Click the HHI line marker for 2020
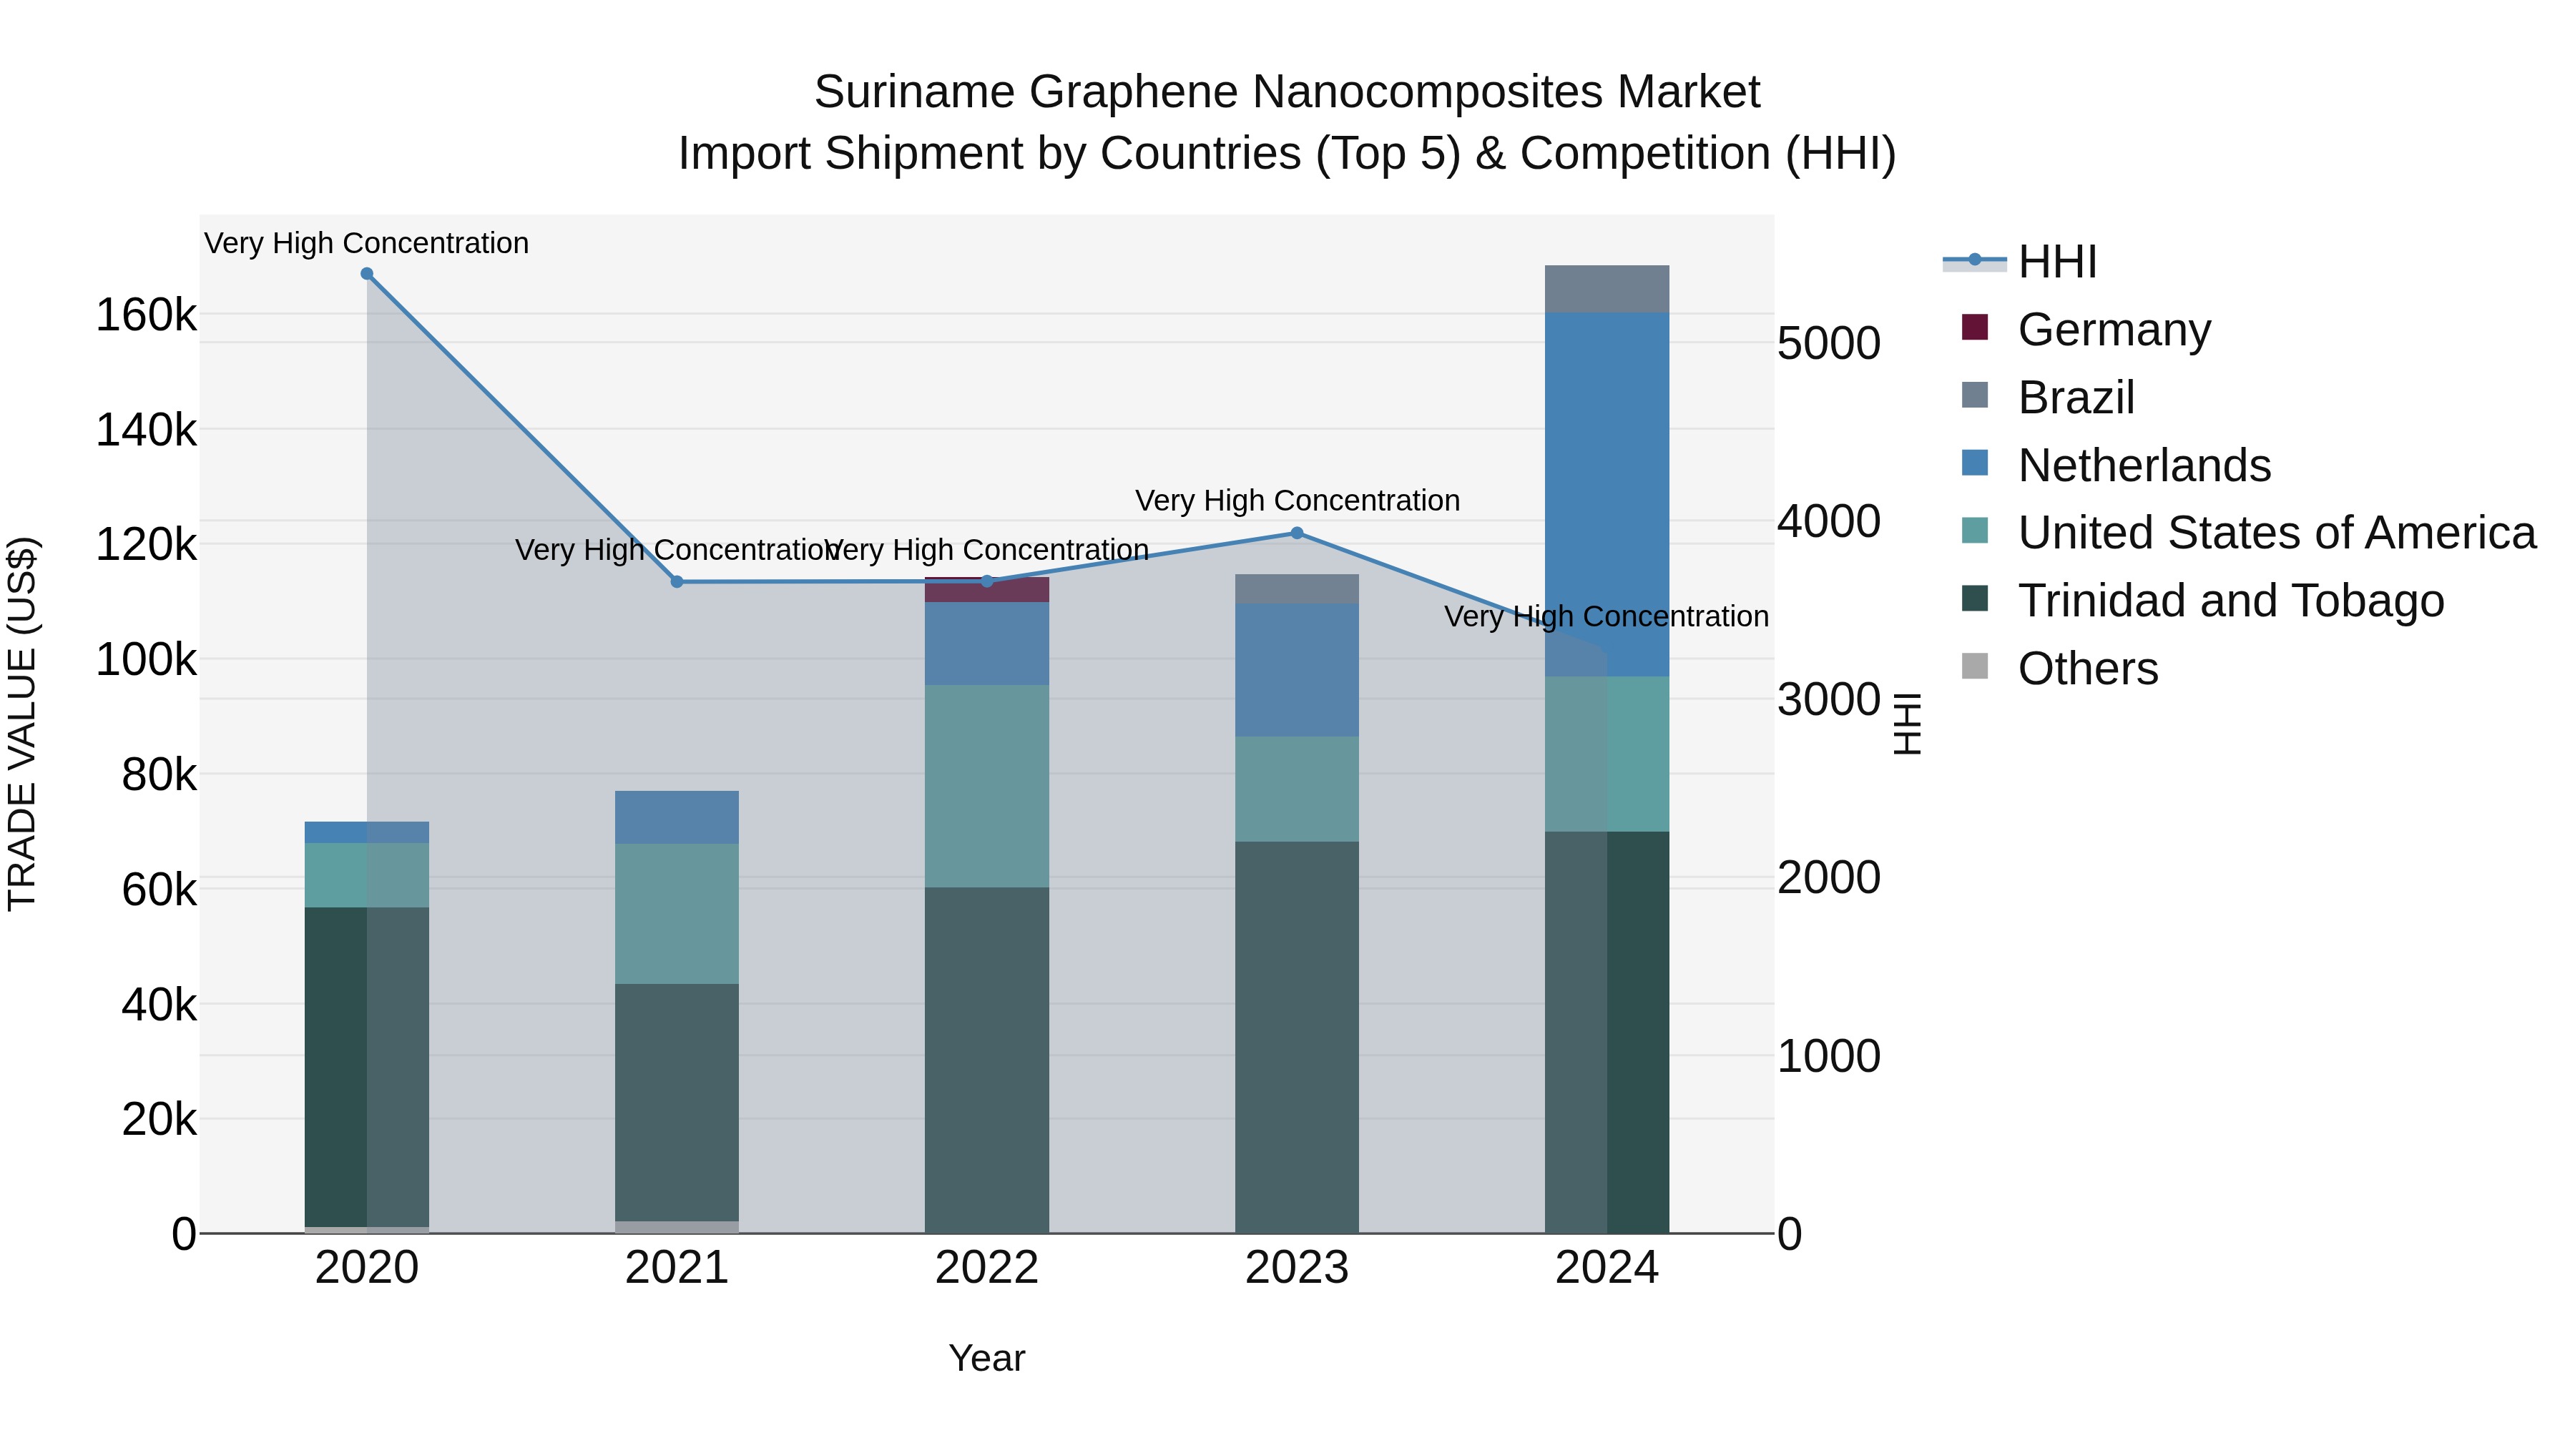pyautogui.click(x=367, y=274)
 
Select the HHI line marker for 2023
pyautogui.click(x=1297, y=533)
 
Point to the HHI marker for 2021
pyautogui.click(x=677, y=581)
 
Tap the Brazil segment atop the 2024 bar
pyautogui.click(x=1607, y=289)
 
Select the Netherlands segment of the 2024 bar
pyautogui.click(x=1607, y=495)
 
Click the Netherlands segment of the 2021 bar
pyautogui.click(x=677, y=817)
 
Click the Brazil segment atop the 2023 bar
pyautogui.click(x=1297, y=588)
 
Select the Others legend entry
pyautogui.click(x=2087, y=669)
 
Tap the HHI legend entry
pyautogui.click(x=2056, y=262)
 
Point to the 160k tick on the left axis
pyautogui.click(x=146, y=316)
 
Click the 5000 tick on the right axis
pyautogui.click(x=1828, y=344)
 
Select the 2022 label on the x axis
pyautogui.click(x=986, y=1268)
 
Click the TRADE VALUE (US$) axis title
pyautogui.click(x=22, y=724)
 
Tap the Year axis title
pyautogui.click(x=986, y=1358)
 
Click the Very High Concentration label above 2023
pyautogui.click(x=1297, y=501)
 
